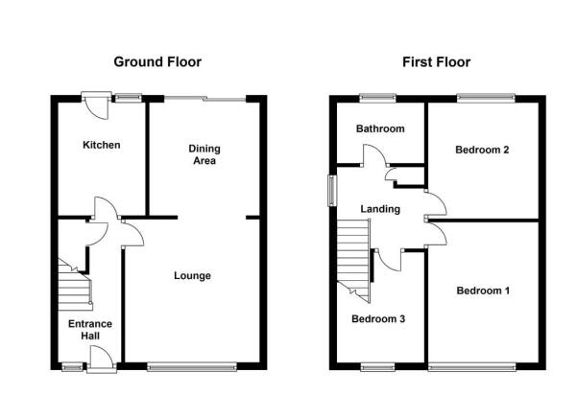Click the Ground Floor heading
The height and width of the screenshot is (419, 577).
157,62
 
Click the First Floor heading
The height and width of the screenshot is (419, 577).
436,62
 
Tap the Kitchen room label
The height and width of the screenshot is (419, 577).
102,145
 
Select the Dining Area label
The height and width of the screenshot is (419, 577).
204,154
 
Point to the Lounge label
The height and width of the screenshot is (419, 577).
192,276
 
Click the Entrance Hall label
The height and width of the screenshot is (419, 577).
90,330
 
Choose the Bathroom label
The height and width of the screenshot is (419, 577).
380,128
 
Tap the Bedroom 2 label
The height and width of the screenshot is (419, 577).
482,150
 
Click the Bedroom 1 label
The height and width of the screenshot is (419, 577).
483,291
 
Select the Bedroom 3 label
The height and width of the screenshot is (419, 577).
378,318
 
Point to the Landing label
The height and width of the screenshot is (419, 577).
380,209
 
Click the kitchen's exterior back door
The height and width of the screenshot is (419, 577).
96,105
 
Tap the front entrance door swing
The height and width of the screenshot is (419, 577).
101,359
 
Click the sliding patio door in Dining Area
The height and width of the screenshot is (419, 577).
204,99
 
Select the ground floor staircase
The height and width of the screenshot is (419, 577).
75,285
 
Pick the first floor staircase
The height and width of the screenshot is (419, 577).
353,261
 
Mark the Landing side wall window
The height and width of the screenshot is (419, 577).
332,191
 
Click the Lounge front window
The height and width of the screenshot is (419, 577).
192,366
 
